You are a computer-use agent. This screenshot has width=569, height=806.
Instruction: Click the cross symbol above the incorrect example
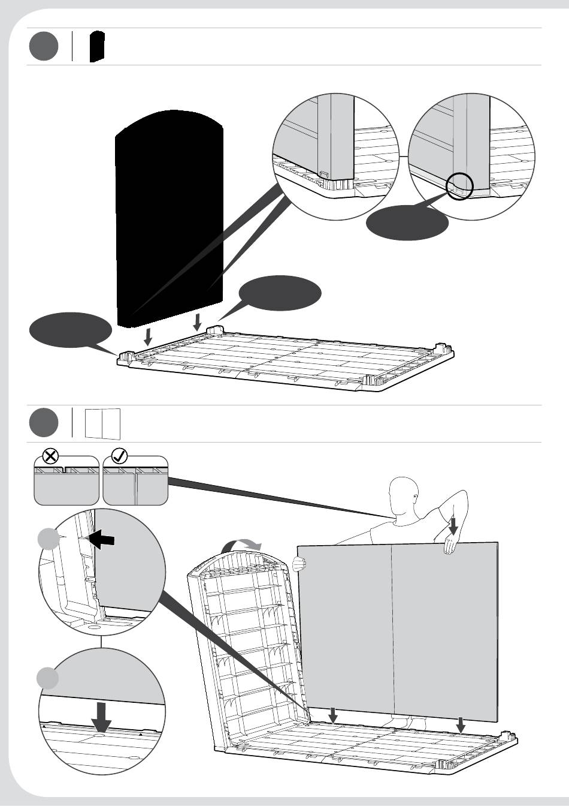(51, 456)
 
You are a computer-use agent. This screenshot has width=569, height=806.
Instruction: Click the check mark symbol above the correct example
(119, 456)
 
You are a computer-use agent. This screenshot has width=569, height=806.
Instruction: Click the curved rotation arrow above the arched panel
(241, 544)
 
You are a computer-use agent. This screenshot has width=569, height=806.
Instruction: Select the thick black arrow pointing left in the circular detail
(100, 540)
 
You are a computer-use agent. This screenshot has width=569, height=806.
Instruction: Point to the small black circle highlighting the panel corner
(460, 187)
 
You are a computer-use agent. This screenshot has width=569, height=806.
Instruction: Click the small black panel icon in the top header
(97, 47)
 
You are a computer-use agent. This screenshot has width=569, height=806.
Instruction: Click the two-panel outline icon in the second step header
(102, 423)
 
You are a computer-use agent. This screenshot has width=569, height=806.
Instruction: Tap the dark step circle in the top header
(44, 47)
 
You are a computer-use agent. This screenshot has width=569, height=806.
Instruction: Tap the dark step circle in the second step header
(44, 423)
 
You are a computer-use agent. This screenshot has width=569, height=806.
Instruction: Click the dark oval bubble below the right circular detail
(407, 222)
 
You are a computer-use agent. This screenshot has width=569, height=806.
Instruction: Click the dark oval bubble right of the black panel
(280, 293)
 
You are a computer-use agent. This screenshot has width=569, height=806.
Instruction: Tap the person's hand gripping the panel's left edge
(299, 564)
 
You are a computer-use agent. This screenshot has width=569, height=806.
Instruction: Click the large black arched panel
(170, 216)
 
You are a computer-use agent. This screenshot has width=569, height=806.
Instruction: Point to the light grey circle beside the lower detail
(49, 679)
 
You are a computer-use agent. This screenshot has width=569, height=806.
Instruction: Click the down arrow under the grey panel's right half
(461, 724)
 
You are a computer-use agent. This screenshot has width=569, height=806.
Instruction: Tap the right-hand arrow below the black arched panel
(198, 322)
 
